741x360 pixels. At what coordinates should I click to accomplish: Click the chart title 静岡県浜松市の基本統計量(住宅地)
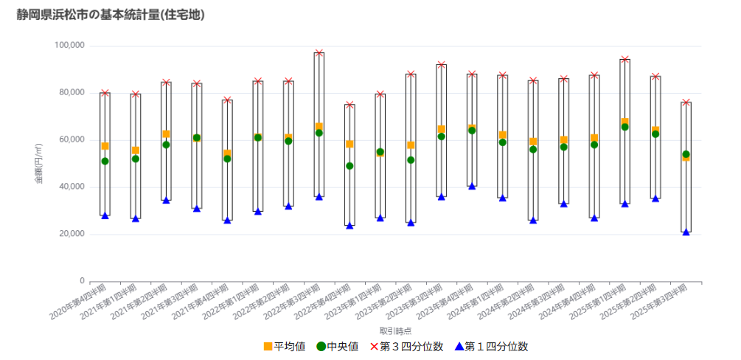pyautogui.click(x=111, y=15)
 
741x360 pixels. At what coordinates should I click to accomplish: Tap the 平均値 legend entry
pyautogui.click(x=284, y=347)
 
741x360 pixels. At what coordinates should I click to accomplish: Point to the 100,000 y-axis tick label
pyautogui.click(x=69, y=46)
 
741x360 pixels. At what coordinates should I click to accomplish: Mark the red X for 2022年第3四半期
pyautogui.click(x=319, y=53)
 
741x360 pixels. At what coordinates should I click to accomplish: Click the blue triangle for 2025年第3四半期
pyautogui.click(x=686, y=232)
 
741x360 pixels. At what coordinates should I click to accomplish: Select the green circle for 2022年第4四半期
pyautogui.click(x=349, y=166)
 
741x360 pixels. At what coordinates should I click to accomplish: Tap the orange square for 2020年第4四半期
pyautogui.click(x=105, y=146)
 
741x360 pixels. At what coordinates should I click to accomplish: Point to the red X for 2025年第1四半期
pyautogui.click(x=625, y=59)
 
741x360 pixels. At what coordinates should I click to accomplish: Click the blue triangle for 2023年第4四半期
pyautogui.click(x=472, y=187)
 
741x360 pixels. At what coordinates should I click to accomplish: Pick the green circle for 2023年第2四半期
pyautogui.click(x=411, y=160)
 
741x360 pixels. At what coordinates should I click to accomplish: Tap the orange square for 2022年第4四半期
pyautogui.click(x=349, y=144)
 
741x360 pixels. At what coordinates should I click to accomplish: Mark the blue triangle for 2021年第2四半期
pyautogui.click(x=167, y=201)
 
